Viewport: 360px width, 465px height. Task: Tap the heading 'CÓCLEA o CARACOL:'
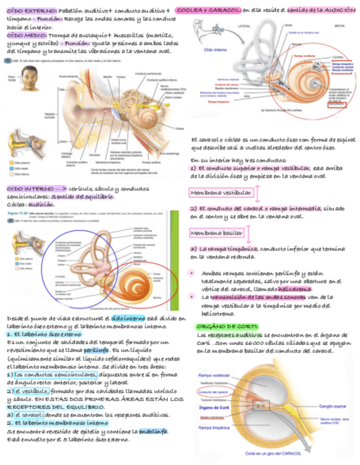209,10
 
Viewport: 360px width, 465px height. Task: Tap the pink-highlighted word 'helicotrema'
295,289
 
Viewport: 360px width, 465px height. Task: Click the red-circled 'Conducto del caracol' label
213,392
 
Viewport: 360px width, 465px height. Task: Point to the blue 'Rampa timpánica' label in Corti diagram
214,427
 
